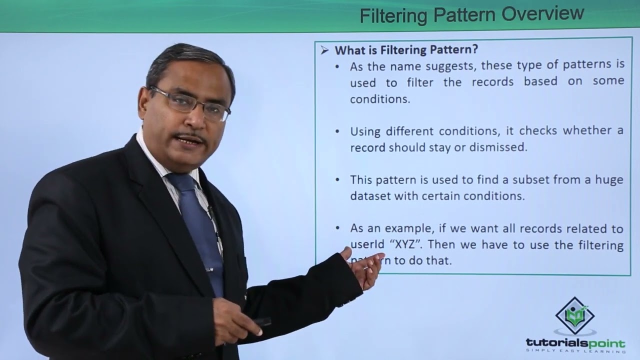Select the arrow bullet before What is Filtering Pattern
(325, 49)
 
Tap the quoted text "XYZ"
(409, 245)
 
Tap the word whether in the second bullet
(588, 131)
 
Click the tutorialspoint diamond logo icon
(575, 315)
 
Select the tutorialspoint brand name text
(575, 343)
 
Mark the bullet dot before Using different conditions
(338, 131)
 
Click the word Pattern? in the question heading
(455, 49)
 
